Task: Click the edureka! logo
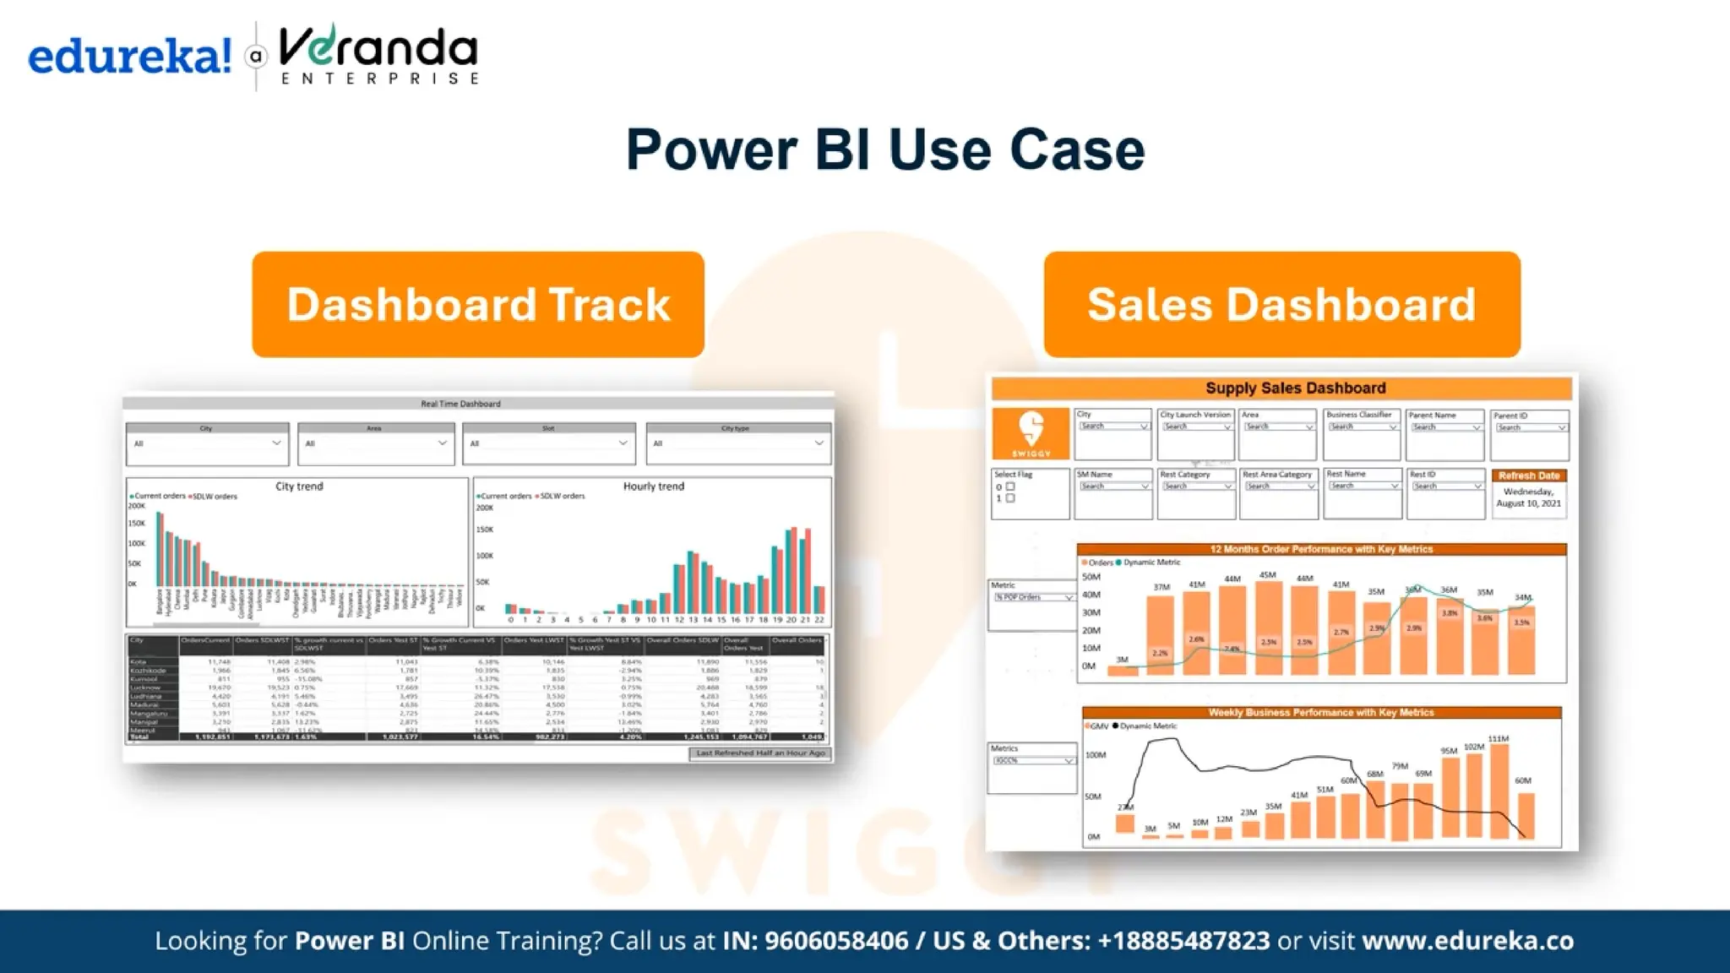coord(129,57)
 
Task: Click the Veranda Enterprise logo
coord(378,54)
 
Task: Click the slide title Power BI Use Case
coord(884,149)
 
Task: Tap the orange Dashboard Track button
coord(478,304)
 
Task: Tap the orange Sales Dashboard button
coord(1281,304)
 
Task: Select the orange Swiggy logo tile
coord(1031,433)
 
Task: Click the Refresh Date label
coord(1529,476)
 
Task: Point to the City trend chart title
coord(299,486)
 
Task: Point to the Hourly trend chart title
coord(653,486)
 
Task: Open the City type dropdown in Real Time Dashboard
coord(818,443)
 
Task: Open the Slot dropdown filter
coord(623,443)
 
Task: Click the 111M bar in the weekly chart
coord(1499,790)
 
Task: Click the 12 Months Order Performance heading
coord(1321,549)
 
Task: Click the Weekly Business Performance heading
coord(1321,712)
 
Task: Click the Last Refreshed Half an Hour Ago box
coord(760,753)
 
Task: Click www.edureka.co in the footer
coord(1467,941)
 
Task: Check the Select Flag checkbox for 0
coord(1010,486)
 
